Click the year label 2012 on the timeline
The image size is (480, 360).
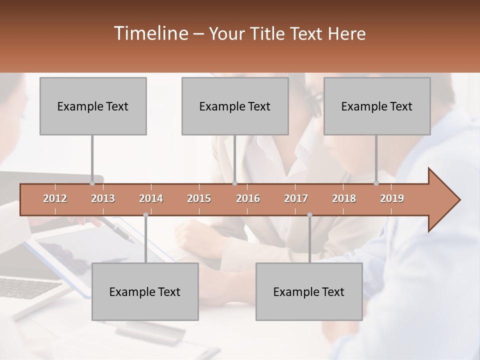[x=55, y=198]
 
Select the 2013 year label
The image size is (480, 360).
[x=103, y=198]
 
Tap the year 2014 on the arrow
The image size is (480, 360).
[x=151, y=198]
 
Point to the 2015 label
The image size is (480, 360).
[x=199, y=198]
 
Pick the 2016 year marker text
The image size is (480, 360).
[x=248, y=198]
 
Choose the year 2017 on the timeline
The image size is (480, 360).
[x=296, y=198]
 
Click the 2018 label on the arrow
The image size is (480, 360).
[x=344, y=198]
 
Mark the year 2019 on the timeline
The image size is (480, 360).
[x=392, y=198]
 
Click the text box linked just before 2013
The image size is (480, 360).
[x=93, y=106]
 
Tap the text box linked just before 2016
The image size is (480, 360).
[x=235, y=106]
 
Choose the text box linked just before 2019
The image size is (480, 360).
[x=377, y=106]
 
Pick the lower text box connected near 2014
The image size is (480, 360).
[x=145, y=291]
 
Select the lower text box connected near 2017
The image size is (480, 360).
[x=309, y=291]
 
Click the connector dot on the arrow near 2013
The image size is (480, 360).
[x=92, y=183]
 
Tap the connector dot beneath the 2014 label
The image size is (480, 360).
[x=145, y=215]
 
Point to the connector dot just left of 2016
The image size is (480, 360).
[x=234, y=183]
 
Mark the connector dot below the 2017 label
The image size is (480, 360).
[x=309, y=215]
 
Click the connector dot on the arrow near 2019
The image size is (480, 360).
[x=376, y=183]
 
